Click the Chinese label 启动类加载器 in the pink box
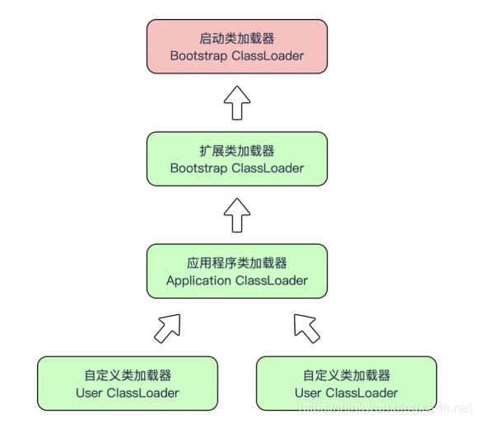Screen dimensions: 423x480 (x=236, y=39)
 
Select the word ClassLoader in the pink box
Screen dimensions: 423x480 (x=267, y=56)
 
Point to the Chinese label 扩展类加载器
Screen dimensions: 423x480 (x=236, y=151)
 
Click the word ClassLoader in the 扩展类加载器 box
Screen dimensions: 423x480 (x=267, y=168)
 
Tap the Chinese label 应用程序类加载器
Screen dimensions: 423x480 (x=236, y=263)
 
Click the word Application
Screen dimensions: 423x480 (x=198, y=280)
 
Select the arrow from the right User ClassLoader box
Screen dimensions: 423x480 (x=308, y=328)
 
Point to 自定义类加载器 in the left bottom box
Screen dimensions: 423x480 (x=127, y=375)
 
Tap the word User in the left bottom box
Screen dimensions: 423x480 (x=89, y=392)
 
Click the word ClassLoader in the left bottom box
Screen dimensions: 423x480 (x=142, y=392)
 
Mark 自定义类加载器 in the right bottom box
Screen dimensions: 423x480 (x=346, y=375)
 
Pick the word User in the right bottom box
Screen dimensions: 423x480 (x=308, y=392)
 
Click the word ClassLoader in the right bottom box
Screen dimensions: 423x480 (x=361, y=392)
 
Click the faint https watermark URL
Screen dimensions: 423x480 (x=384, y=408)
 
